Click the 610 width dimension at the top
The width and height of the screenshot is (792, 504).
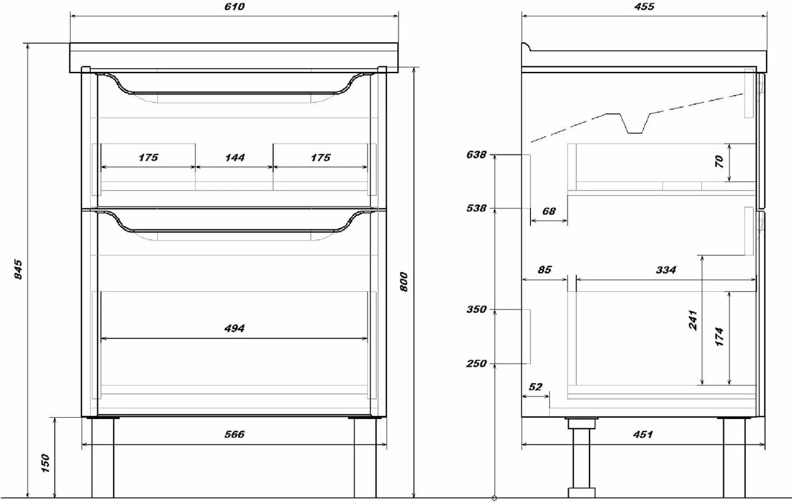pyautogui.click(x=234, y=7)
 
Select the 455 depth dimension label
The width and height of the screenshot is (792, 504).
pyautogui.click(x=643, y=7)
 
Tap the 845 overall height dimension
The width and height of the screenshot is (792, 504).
pyautogui.click(x=18, y=269)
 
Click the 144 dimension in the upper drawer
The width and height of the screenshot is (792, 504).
pyautogui.click(x=235, y=157)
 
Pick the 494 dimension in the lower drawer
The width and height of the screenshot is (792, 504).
pyautogui.click(x=234, y=328)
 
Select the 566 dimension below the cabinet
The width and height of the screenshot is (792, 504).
pyautogui.click(x=234, y=435)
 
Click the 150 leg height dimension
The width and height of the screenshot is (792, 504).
pyautogui.click(x=45, y=465)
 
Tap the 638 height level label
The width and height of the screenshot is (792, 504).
pyautogui.click(x=477, y=154)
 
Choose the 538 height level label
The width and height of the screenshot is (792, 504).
pyautogui.click(x=477, y=209)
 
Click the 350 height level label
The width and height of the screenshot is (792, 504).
pyautogui.click(x=477, y=310)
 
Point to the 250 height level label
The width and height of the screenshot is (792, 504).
pyautogui.click(x=477, y=364)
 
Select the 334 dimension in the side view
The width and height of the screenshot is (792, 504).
pyautogui.click(x=665, y=270)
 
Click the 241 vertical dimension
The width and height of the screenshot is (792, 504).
pyautogui.click(x=693, y=320)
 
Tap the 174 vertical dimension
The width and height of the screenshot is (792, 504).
pyautogui.click(x=720, y=336)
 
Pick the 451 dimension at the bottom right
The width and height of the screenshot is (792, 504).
pyautogui.click(x=643, y=435)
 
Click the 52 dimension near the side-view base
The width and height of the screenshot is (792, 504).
pyautogui.click(x=535, y=387)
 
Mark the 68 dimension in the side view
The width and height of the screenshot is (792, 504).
pyautogui.click(x=549, y=211)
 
